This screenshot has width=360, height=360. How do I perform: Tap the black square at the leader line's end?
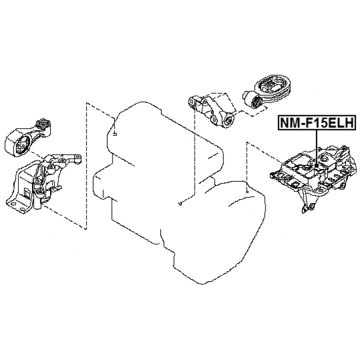pyautogui.click(x=317, y=166)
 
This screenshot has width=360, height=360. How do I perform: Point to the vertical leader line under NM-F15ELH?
pyautogui.click(x=317, y=147)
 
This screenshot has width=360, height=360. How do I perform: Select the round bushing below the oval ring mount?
pyautogui.click(x=258, y=103)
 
